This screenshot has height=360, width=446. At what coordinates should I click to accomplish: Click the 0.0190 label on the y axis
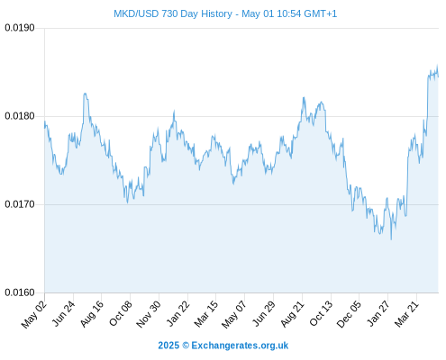20,28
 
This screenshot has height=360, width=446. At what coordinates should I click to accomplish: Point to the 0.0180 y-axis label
20,116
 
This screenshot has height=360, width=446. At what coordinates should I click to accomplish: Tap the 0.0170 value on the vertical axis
20,204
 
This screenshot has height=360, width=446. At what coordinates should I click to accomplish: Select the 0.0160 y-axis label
20,292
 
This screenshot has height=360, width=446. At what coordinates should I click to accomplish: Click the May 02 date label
34,314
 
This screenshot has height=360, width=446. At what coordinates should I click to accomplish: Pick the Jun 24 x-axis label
63,313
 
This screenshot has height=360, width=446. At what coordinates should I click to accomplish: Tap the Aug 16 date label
92,314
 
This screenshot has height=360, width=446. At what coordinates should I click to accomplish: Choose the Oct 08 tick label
120,314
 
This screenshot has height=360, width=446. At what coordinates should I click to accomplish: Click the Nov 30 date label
149,314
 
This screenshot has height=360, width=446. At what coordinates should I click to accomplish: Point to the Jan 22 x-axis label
177,313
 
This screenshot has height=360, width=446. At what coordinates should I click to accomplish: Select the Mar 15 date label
205,314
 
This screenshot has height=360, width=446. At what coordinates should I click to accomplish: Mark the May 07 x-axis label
234,314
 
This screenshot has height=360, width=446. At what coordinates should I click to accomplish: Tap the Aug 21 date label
292,314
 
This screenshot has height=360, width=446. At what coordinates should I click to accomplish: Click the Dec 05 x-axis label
349,314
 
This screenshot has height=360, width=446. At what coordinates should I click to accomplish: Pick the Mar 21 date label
406,314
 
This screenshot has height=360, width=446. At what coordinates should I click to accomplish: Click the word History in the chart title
216,13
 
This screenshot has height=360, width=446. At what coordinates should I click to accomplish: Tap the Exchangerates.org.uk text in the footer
240,346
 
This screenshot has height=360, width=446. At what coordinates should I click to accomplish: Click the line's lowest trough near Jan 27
391,239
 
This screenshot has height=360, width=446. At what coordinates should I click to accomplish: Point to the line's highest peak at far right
437,65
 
